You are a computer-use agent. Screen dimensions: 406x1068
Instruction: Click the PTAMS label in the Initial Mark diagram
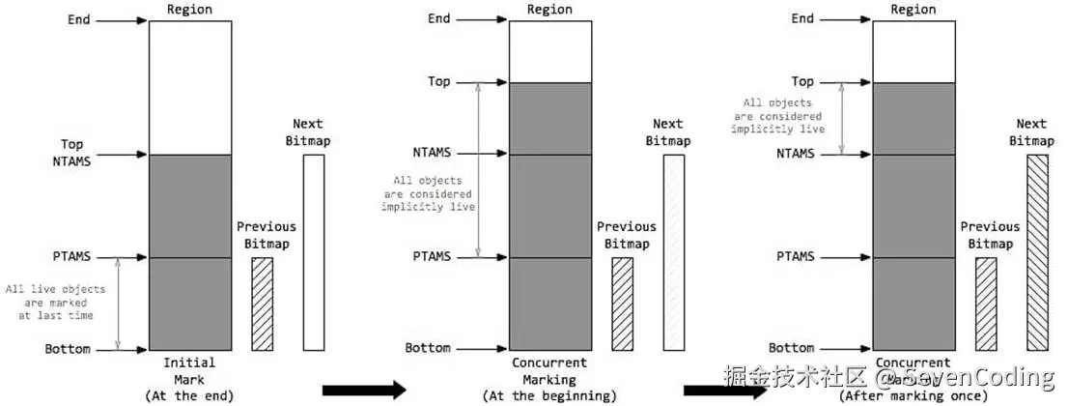pyautogui.click(x=72, y=257)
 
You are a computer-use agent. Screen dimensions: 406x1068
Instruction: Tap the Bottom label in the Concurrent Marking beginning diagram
pyautogui.click(x=427, y=348)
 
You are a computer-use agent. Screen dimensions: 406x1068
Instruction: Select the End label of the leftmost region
pyautogui.click(x=79, y=18)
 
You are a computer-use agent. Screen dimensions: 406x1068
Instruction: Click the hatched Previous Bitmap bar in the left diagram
pyautogui.click(x=262, y=303)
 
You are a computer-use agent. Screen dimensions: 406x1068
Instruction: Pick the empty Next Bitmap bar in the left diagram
pyautogui.click(x=314, y=251)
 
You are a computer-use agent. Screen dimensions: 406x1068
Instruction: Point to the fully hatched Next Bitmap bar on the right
pyautogui.click(x=1036, y=251)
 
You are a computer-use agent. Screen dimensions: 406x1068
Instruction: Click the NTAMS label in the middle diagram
pyautogui.click(x=431, y=153)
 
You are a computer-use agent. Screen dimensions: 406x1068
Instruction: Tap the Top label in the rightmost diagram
pyautogui.click(x=801, y=82)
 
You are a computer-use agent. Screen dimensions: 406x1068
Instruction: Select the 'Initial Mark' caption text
pyautogui.click(x=189, y=370)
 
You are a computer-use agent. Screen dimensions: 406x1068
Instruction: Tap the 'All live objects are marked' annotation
pyautogui.click(x=55, y=302)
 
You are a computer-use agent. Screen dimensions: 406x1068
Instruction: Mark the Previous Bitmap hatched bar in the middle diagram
pyautogui.click(x=623, y=303)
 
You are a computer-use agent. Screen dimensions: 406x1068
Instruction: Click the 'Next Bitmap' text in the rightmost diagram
pyautogui.click(x=1031, y=131)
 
